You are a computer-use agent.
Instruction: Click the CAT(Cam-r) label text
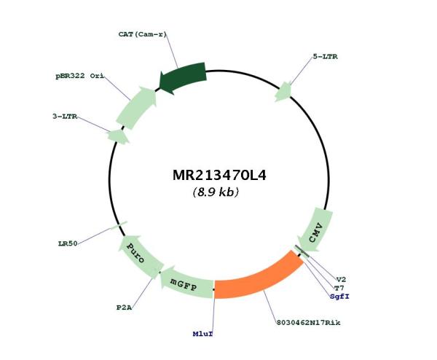click(x=143, y=34)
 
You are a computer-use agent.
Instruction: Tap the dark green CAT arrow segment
click(x=183, y=77)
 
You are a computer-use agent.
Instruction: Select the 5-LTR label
click(x=325, y=57)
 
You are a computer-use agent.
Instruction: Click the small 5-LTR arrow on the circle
click(x=283, y=92)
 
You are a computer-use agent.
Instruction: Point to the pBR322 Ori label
click(x=79, y=76)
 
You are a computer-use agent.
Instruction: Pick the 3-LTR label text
click(x=65, y=117)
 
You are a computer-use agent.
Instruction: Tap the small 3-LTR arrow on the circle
click(x=118, y=136)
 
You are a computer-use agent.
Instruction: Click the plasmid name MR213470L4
click(x=219, y=176)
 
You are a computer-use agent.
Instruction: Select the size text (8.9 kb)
click(x=216, y=192)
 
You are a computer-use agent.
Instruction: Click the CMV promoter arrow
click(x=316, y=230)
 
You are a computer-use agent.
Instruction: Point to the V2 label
click(x=341, y=279)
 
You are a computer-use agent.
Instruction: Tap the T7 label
click(x=339, y=288)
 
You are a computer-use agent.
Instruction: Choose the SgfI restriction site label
click(x=339, y=297)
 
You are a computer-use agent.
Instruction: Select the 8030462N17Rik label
click(x=309, y=323)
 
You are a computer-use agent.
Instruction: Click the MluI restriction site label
click(x=202, y=334)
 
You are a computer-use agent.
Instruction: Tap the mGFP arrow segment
click(x=185, y=283)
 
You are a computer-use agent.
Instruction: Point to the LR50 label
click(x=68, y=243)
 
